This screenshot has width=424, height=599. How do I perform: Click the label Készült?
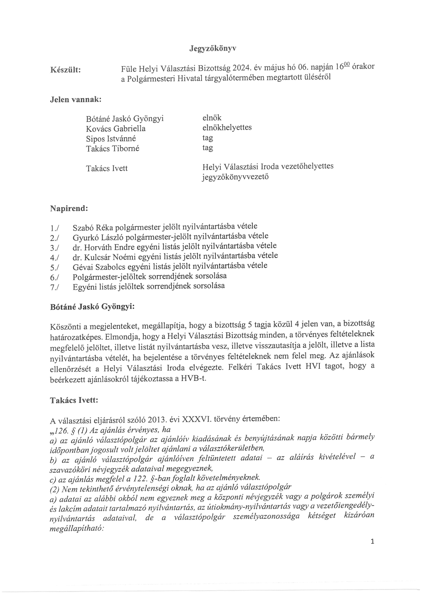tap(65, 70)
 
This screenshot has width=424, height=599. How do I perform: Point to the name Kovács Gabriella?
tap(116, 129)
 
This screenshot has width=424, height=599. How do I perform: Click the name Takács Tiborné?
tap(112, 148)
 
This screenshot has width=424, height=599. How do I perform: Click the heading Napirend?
tap(69, 209)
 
